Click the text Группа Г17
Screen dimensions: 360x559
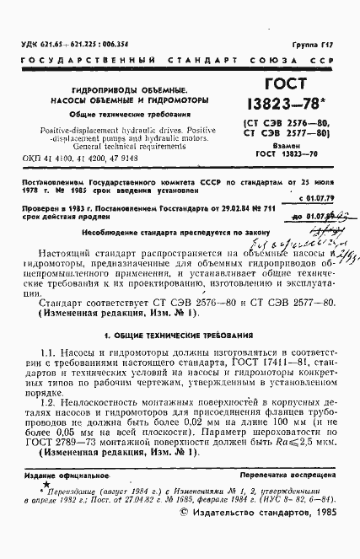click(318, 42)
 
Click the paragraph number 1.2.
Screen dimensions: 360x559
click(49, 402)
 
